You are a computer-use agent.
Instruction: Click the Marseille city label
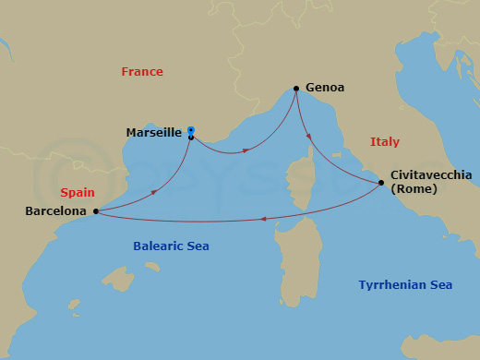click(x=153, y=133)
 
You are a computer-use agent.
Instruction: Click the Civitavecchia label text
click(x=431, y=174)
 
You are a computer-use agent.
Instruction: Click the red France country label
click(x=142, y=72)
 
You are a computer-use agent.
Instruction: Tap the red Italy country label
click(x=385, y=142)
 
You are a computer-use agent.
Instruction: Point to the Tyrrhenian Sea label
click(x=406, y=285)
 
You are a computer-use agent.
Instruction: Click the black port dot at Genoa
click(x=295, y=89)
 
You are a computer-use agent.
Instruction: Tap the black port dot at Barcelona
click(x=96, y=211)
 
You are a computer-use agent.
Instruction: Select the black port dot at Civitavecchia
click(x=381, y=183)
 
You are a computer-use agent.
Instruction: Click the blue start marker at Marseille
click(x=190, y=130)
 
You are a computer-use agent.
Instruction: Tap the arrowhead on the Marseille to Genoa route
click(x=246, y=150)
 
